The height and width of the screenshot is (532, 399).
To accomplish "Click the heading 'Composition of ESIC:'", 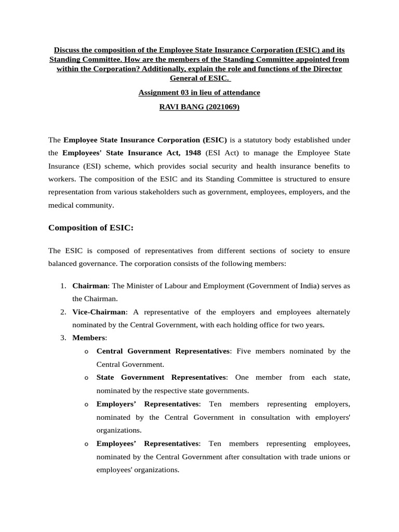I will click(x=91, y=228).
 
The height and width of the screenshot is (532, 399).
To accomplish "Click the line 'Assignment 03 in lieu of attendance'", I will click(x=199, y=92).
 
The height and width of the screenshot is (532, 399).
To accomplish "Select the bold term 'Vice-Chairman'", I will click(x=99, y=312).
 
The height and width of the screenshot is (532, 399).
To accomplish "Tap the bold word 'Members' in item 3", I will click(x=89, y=338).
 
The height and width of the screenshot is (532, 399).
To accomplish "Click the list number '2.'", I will click(x=62, y=312).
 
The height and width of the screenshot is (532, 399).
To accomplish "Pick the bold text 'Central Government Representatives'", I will click(x=163, y=351).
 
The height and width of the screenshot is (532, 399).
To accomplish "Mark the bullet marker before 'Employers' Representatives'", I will click(x=86, y=404).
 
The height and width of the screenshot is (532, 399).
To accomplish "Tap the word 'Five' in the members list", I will click(x=244, y=351).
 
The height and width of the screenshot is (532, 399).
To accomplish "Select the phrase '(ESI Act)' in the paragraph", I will click(x=221, y=153).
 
